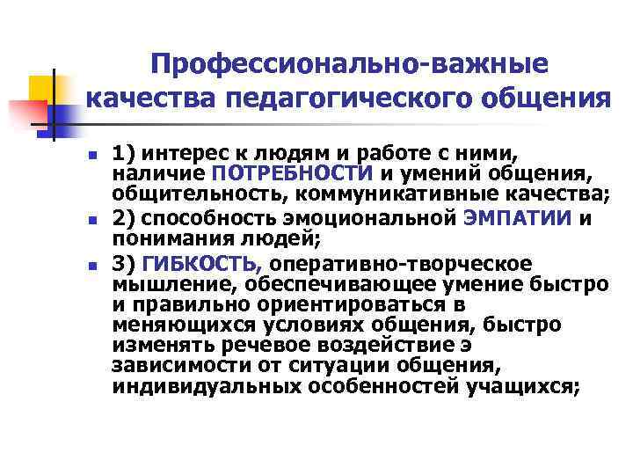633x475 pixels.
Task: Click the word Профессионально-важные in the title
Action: click(348, 63)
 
